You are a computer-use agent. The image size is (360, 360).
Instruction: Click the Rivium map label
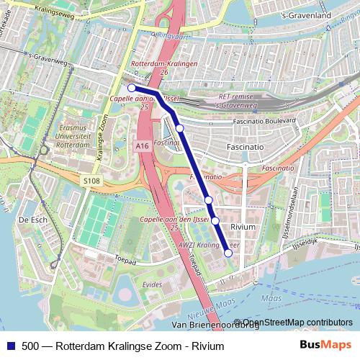243,227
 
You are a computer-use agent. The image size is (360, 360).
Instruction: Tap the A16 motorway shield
141,145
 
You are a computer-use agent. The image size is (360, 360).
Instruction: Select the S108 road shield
91,181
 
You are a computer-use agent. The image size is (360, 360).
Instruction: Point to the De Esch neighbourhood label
32,220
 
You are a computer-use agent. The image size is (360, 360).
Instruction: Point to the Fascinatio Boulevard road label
265,122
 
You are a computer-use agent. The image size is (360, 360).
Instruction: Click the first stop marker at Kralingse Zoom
132,88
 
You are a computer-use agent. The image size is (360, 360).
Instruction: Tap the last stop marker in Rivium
228,253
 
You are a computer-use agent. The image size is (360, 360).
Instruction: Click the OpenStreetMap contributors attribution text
297,323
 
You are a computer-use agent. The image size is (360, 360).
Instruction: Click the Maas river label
272,297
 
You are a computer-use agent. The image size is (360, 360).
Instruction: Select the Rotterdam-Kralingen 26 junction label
155,68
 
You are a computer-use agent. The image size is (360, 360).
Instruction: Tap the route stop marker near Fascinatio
179,128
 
